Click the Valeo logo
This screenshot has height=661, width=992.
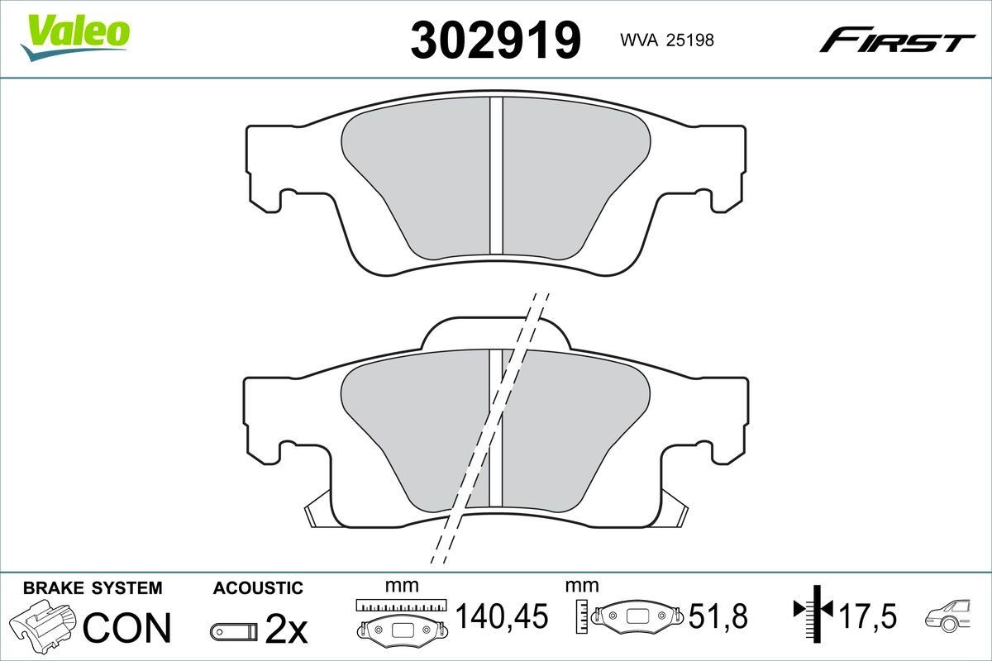pyautogui.click(x=75, y=37)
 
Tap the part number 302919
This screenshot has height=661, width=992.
pyautogui.click(x=495, y=40)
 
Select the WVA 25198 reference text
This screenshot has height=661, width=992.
pyautogui.click(x=667, y=40)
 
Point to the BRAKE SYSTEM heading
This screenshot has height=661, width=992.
pyautogui.click(x=93, y=588)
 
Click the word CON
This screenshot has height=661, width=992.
pyautogui.click(x=127, y=627)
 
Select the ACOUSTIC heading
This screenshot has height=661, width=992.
pyautogui.click(x=258, y=588)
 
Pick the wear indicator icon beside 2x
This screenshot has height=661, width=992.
pyautogui.click(x=234, y=632)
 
